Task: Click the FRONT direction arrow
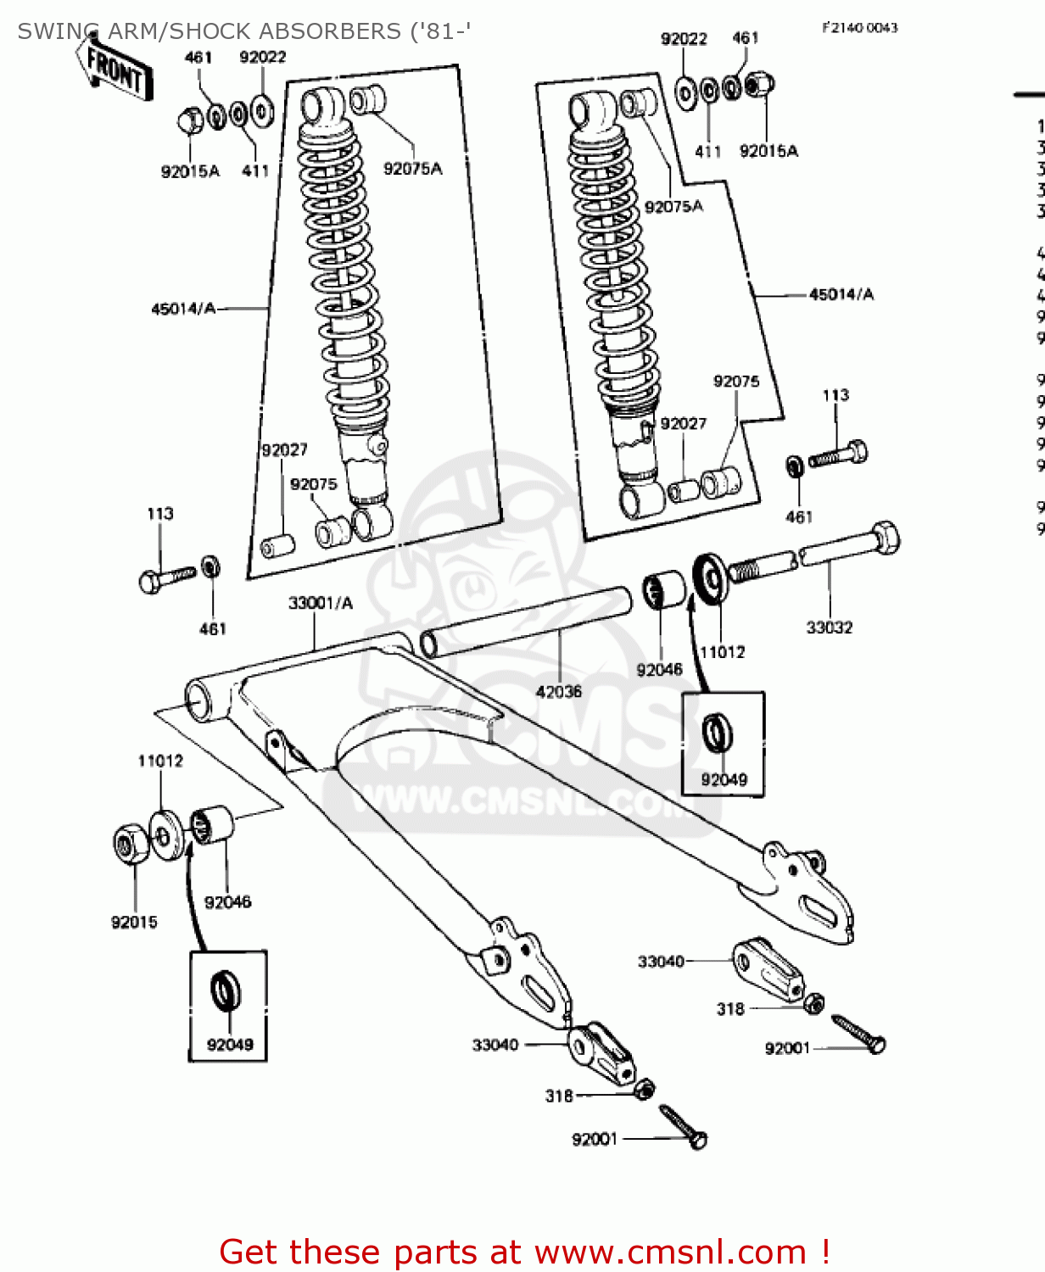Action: click(x=117, y=70)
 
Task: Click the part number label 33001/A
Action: click(x=320, y=603)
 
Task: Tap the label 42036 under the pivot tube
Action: click(x=558, y=692)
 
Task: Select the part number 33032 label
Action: click(x=829, y=628)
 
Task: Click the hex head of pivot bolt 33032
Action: click(x=886, y=538)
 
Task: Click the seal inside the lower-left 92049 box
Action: click(x=226, y=990)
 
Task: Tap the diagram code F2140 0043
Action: click(x=859, y=27)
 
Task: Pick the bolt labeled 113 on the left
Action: click(x=165, y=578)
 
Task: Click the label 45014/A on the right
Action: click(x=841, y=294)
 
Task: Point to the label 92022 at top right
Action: click(x=684, y=38)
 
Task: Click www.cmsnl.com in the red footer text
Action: click(x=669, y=1252)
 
